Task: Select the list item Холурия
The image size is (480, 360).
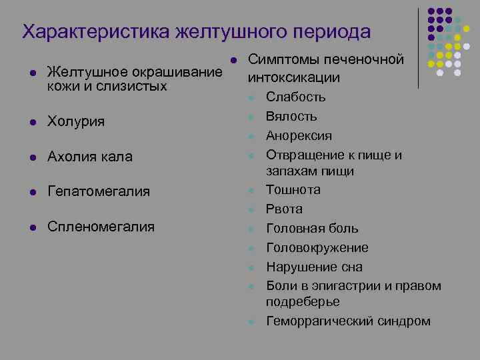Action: point(76,122)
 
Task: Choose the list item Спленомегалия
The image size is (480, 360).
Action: point(101,227)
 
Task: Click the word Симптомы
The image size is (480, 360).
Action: point(285,59)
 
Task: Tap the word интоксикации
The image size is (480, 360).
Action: point(293,77)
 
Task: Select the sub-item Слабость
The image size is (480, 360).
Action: point(295,97)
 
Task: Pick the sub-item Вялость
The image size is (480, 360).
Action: point(291,117)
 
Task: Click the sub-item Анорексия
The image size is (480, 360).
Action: point(299,136)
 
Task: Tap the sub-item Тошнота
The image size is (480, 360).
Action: point(293,190)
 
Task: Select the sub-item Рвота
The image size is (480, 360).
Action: point(284,209)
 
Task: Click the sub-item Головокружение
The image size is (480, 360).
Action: point(317,248)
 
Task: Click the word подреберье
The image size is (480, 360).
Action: point(303,302)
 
